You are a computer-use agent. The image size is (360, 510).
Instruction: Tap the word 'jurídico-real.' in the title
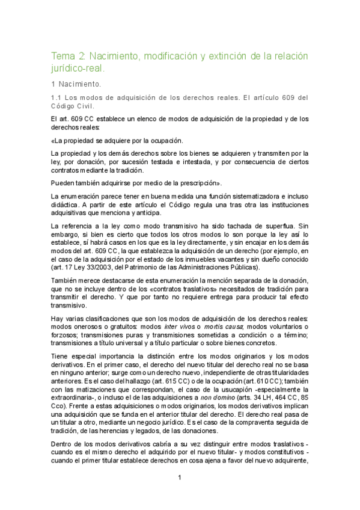80,69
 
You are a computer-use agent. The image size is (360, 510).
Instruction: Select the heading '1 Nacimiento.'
76,84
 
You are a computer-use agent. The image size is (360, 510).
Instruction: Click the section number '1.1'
56,98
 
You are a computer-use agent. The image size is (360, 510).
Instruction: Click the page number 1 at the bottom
179,478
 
